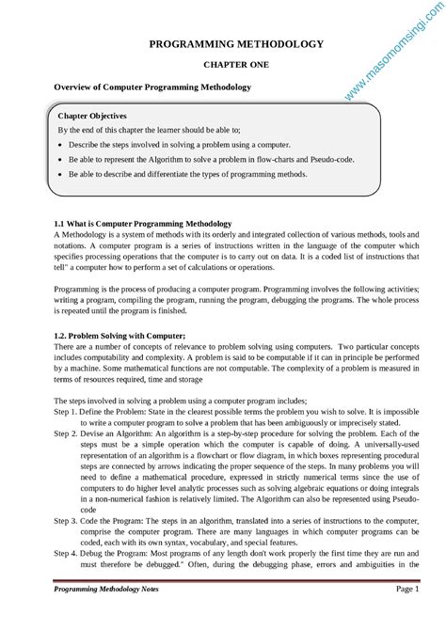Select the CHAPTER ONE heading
235,66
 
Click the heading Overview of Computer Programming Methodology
152,87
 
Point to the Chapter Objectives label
92,116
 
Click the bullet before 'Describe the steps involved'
60,146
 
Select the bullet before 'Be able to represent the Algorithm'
60,160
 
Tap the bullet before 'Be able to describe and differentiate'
60,175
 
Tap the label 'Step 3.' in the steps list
66,520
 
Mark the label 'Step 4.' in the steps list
66,553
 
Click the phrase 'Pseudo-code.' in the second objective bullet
328,160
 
